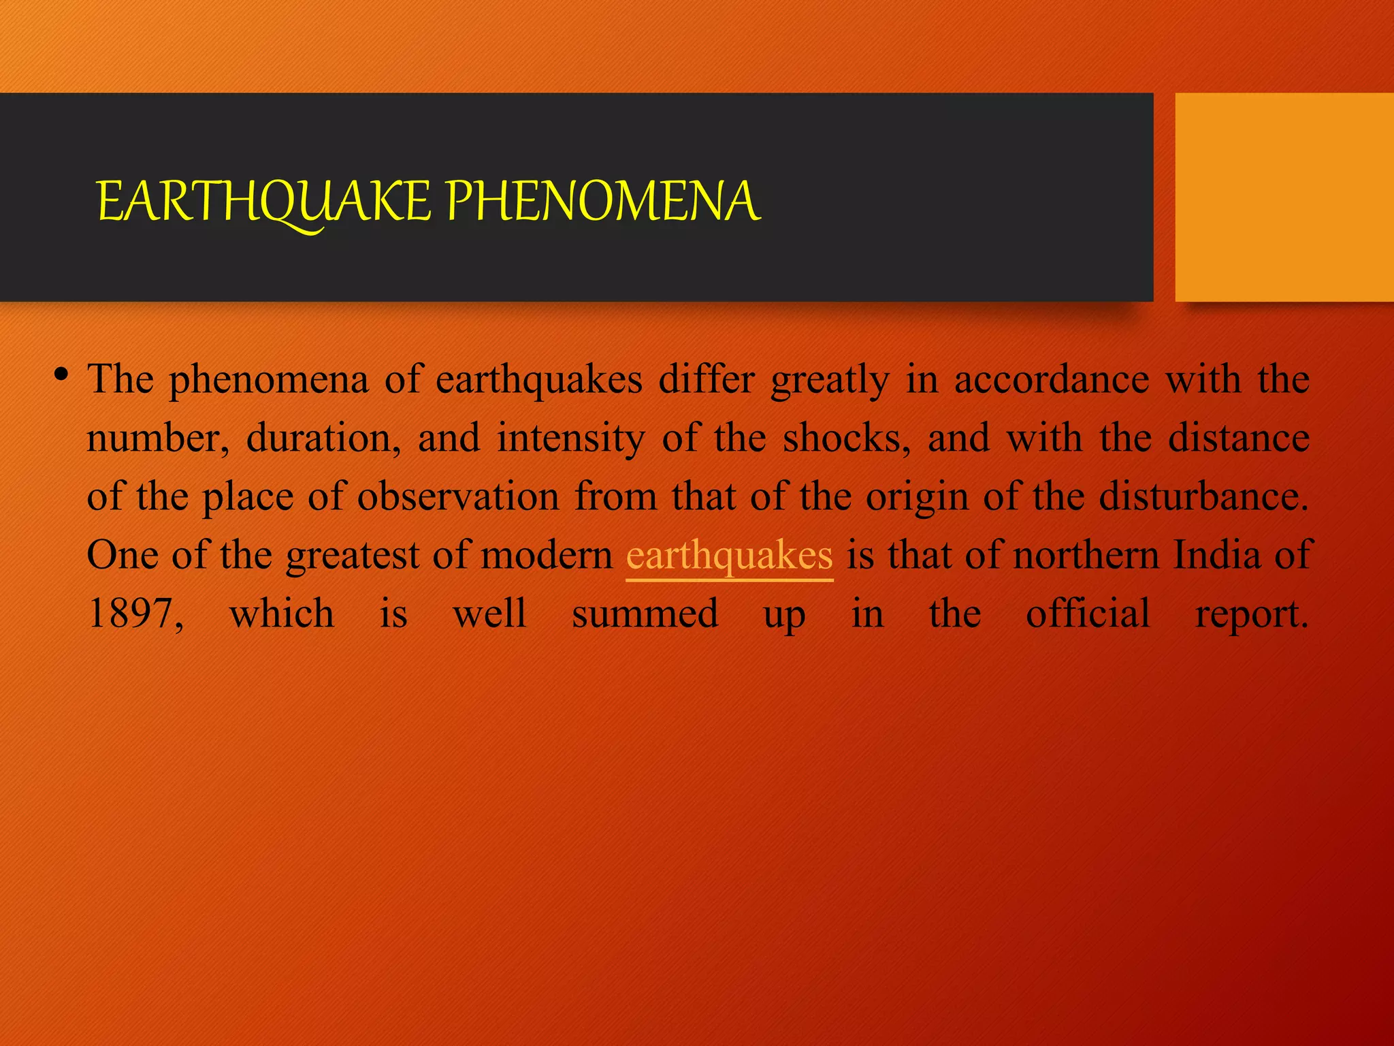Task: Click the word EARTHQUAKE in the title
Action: pyautogui.click(x=264, y=202)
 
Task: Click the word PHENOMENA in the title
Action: pyautogui.click(x=602, y=202)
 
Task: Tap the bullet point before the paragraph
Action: pyautogui.click(x=62, y=375)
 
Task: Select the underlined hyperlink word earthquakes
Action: pyautogui.click(x=729, y=555)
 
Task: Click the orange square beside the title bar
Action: pyautogui.click(x=1284, y=197)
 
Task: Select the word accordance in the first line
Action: pyautogui.click(x=1051, y=379)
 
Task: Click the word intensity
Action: pyautogui.click(x=570, y=438)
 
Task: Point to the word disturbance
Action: pyautogui.click(x=1203, y=496)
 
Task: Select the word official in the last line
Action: pyautogui.click(x=1088, y=614)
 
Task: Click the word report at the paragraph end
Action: pyautogui.click(x=1251, y=614)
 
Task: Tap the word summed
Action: pyautogui.click(x=645, y=614)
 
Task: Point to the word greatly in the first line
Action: pyautogui.click(x=830, y=379)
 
